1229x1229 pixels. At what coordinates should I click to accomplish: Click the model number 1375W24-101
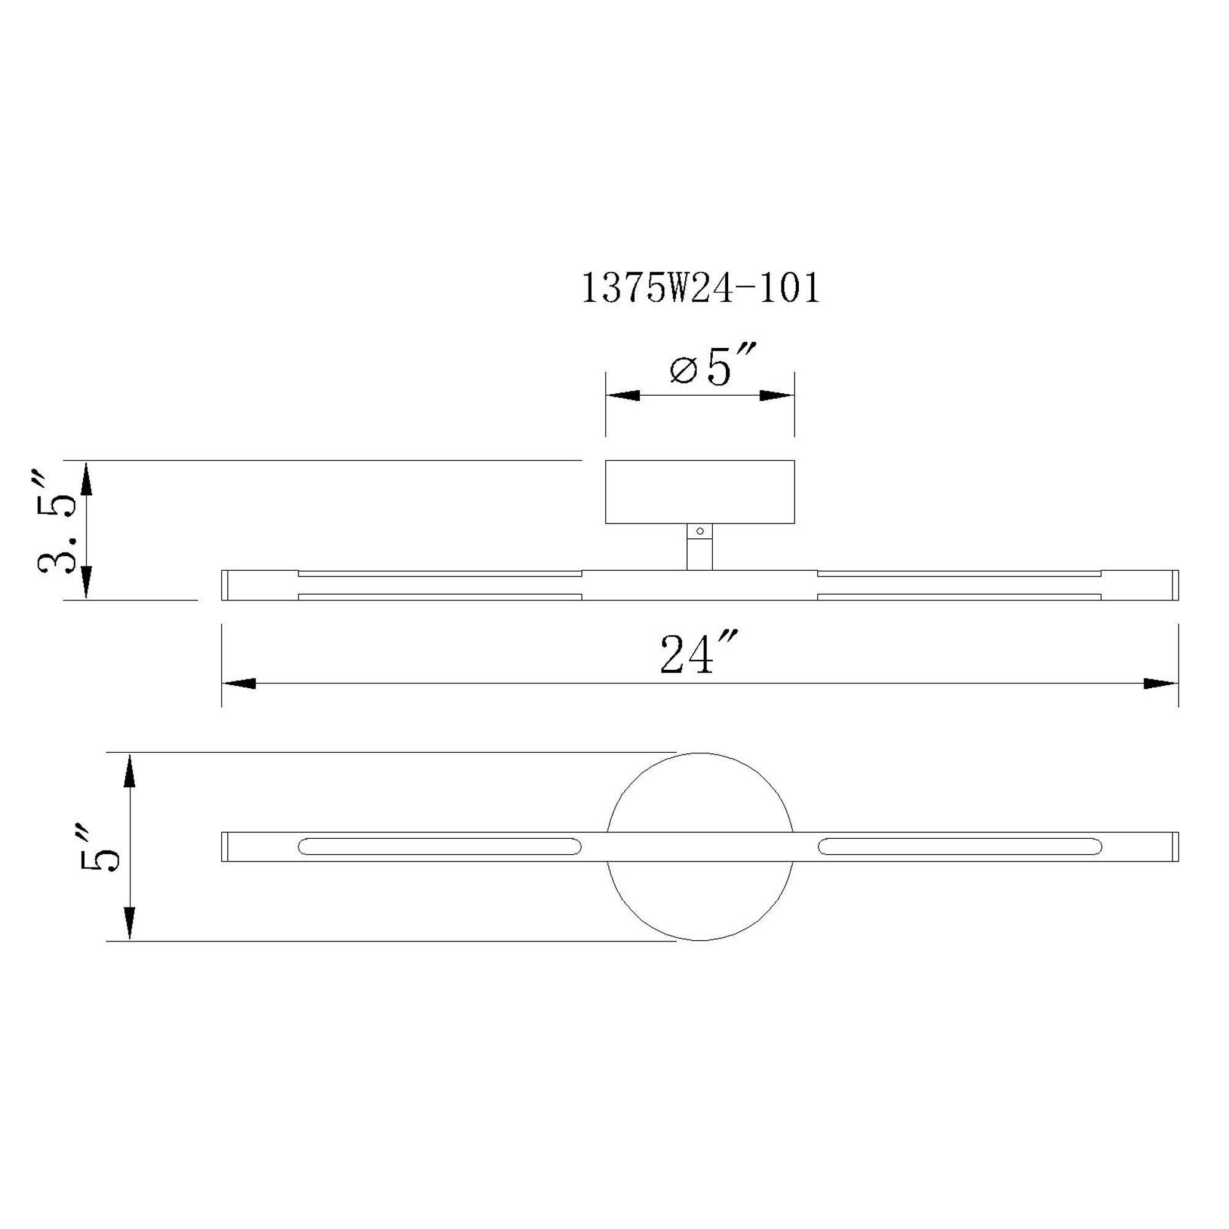coord(701,289)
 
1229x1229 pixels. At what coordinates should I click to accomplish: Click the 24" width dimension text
coord(699,656)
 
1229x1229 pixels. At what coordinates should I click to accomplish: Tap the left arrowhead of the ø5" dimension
coord(622,396)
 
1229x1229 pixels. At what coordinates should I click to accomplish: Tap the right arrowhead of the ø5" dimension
coord(777,396)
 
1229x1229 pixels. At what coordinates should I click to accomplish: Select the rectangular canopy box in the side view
coord(699,492)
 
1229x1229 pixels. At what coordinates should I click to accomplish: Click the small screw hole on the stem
coord(700,530)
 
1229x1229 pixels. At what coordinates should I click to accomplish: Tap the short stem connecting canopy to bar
coord(699,552)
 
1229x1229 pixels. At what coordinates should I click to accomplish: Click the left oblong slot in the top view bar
coord(439,847)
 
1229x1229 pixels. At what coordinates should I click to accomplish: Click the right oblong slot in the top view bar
coord(960,847)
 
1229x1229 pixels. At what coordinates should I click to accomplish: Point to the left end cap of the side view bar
coord(224,584)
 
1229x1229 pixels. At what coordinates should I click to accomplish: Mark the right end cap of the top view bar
coord(1175,847)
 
